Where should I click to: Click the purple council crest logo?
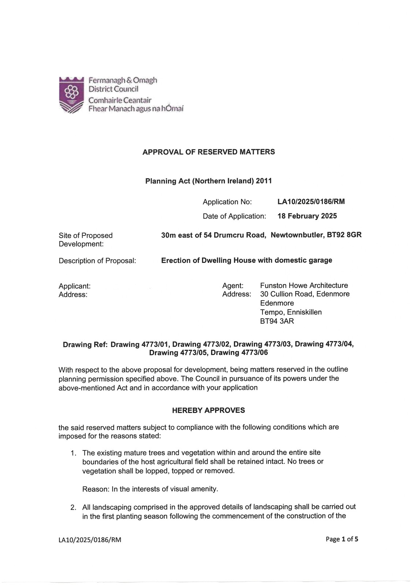[71, 95]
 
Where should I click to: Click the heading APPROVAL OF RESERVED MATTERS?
[208, 152]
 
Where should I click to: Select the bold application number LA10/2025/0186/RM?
[311, 201]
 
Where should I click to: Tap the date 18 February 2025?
[307, 216]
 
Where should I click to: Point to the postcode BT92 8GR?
[344, 235]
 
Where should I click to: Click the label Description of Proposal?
[97, 261]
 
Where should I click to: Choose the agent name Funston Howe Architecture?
[304, 286]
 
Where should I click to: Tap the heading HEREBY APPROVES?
[208, 410]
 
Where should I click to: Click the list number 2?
[74, 507]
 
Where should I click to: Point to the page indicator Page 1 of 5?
[342, 539]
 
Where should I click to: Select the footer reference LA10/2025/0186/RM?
[90, 540]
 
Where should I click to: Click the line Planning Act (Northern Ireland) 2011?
[208, 181]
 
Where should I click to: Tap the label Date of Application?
[234, 216]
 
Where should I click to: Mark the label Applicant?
[75, 286]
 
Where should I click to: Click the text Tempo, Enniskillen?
[291, 312]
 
